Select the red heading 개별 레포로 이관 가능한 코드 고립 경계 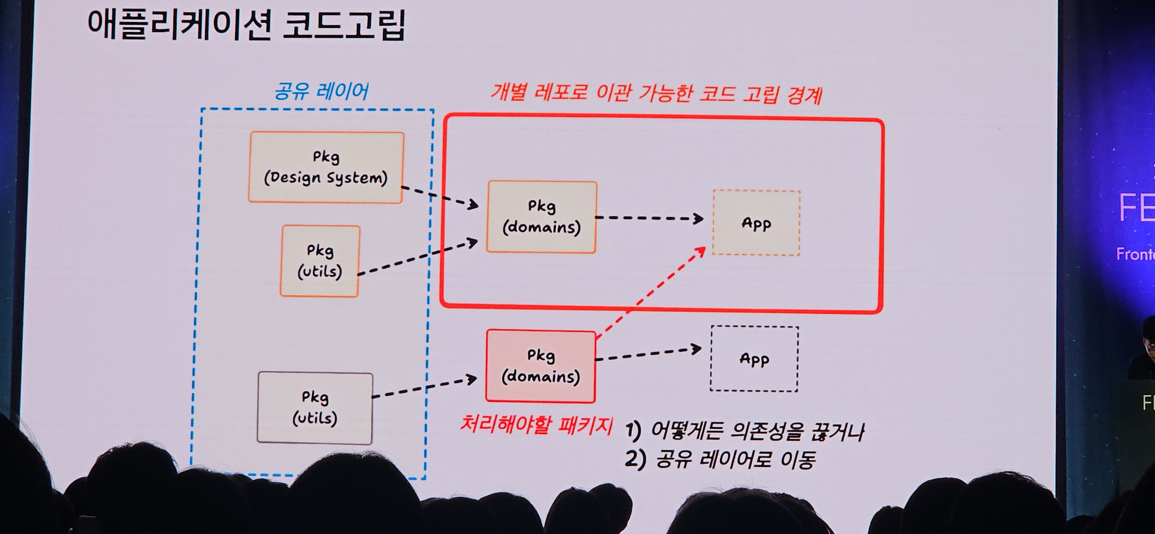coord(656,94)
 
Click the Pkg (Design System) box coord(326,167)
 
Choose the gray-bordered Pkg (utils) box coord(315,407)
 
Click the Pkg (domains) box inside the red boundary coord(542,217)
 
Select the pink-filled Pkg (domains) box coord(541,366)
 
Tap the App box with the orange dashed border coord(756,223)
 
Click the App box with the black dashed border coord(754,359)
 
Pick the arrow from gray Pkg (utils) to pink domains coord(424,388)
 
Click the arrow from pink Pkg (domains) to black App coord(648,354)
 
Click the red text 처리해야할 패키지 coord(536,424)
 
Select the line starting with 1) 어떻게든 coord(744,431)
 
